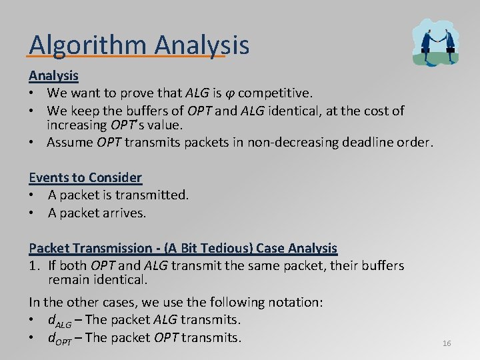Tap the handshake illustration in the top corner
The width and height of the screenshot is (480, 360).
435,41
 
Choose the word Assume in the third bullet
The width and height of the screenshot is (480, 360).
70,142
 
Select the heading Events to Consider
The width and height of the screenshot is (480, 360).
85,177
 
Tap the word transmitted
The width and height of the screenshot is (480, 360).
155,195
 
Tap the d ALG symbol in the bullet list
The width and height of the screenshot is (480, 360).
59,321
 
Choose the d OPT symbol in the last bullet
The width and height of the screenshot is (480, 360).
59,339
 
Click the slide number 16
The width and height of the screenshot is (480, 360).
447,343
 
